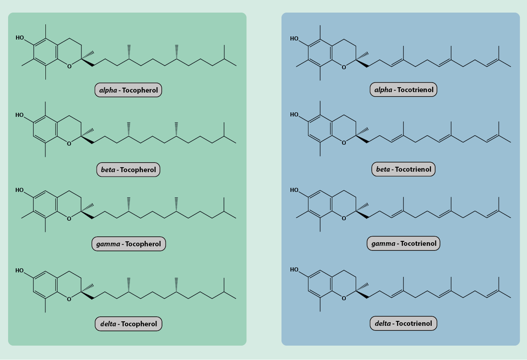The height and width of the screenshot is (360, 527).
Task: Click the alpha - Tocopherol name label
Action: tap(128, 90)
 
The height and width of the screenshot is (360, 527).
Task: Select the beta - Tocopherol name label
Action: tap(128, 170)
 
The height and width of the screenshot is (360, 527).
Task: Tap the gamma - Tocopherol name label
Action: tap(128, 244)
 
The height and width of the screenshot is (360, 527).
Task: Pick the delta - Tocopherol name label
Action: tap(128, 324)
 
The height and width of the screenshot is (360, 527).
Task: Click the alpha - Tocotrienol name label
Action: tap(403, 90)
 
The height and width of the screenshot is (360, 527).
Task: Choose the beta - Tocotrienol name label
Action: tap(403, 169)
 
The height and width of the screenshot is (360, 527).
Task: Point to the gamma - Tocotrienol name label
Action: tap(403, 244)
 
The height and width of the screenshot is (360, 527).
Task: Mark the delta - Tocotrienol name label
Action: tap(403, 323)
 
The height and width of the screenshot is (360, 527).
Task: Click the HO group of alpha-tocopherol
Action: tap(20, 38)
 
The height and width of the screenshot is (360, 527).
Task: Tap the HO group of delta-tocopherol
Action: tap(20, 271)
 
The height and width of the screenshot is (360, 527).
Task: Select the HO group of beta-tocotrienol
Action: tap(295, 115)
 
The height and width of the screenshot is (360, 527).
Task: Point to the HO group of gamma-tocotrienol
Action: tap(295, 190)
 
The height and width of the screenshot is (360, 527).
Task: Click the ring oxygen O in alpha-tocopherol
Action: tap(69, 67)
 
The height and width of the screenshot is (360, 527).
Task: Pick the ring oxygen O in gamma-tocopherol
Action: tap(69, 219)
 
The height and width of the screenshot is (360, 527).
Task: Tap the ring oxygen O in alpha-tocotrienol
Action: tap(344, 67)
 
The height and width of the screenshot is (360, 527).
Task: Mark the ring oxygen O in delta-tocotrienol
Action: tap(344, 298)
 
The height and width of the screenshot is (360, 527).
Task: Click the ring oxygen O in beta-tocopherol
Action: tap(69, 144)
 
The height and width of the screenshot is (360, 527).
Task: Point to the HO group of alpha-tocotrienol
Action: tap(295, 39)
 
